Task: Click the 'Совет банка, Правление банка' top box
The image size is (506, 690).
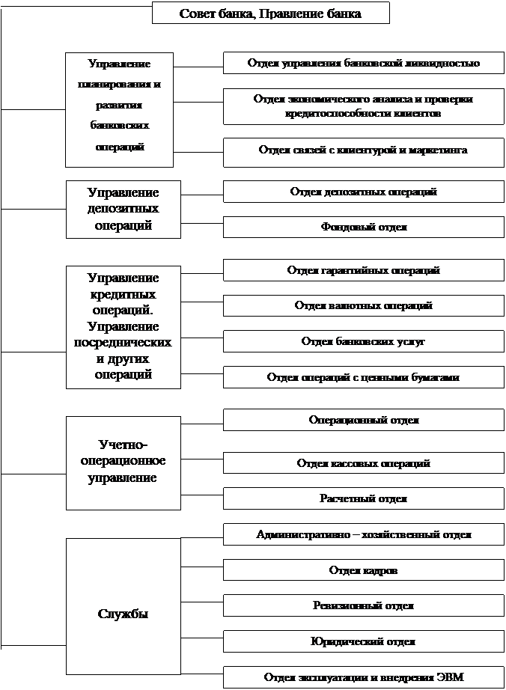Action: coord(271,13)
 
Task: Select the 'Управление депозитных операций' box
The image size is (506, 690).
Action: coord(124,210)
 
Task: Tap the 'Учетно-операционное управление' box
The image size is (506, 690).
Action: coord(124,462)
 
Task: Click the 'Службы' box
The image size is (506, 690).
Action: coord(124,614)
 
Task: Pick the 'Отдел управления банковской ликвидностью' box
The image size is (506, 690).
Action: coord(363,64)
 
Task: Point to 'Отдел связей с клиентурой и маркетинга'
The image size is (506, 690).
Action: coord(363,150)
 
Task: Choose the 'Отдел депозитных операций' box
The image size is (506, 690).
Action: coord(363,192)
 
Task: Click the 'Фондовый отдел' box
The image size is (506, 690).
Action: coord(363,227)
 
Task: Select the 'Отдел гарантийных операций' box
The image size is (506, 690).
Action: coord(363,271)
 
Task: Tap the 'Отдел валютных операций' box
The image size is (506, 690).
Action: coord(363,306)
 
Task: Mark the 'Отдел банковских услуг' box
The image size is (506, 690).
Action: coord(363,341)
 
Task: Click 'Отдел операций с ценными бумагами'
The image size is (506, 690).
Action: coord(363,377)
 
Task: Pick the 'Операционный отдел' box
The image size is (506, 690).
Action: coord(363,421)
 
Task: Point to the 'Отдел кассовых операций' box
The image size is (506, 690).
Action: coord(363,463)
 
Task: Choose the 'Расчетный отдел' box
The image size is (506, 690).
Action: coord(363,498)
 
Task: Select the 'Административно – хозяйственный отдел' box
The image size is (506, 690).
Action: coord(363,535)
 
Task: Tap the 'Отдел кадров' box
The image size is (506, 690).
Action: coord(363,571)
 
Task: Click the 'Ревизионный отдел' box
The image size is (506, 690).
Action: coord(363,606)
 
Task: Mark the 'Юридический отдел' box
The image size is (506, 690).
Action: coord(363,642)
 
